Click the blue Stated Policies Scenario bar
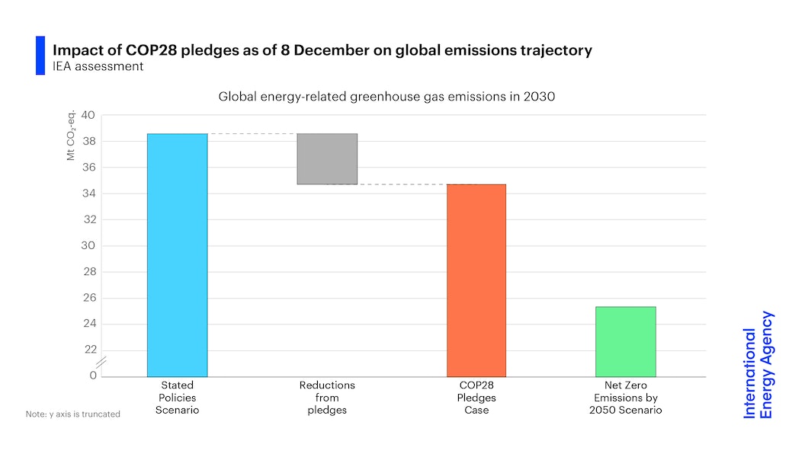tap(177, 254)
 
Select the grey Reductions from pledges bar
tap(327, 159)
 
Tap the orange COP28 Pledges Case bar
tap(476, 280)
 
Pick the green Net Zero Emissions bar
tap(625, 341)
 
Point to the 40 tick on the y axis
tap(88, 116)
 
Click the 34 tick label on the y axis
tap(88, 193)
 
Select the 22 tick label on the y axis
tap(88, 350)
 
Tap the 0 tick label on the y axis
tap(92, 376)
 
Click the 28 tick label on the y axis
tap(88, 272)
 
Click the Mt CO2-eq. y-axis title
tap(70, 138)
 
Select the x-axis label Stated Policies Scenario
tap(177, 398)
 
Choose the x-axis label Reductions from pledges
tap(327, 398)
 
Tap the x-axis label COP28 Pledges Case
tap(476, 398)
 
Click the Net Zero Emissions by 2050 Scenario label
tap(625, 398)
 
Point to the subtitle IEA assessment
tap(98, 66)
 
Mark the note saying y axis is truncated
tap(73, 414)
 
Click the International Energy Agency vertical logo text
tap(758, 365)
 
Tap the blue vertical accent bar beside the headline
tap(40, 56)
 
